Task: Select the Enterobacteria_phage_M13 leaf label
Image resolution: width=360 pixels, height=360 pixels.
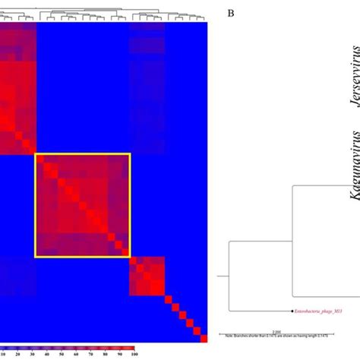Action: tap(321, 311)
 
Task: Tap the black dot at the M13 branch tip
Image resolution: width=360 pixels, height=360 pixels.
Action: tap(292, 311)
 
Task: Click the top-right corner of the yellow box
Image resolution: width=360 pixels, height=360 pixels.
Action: tap(131, 153)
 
